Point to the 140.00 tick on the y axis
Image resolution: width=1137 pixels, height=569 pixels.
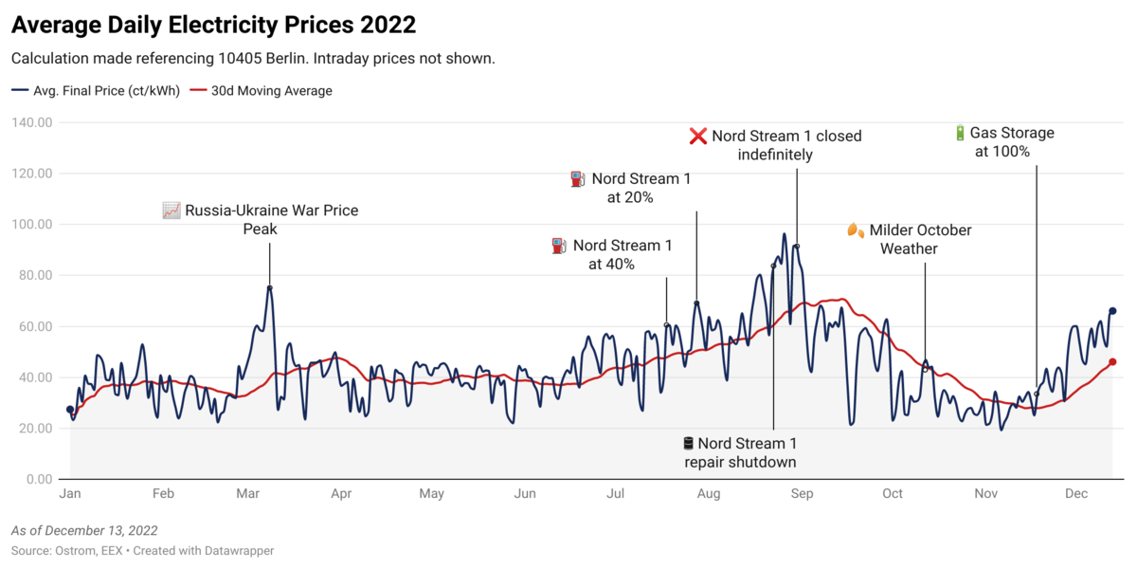(x=32, y=122)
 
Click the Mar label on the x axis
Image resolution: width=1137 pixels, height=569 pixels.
(x=248, y=494)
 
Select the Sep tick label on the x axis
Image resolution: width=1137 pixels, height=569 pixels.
(x=803, y=494)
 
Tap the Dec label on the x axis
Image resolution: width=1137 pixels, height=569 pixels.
(x=1075, y=494)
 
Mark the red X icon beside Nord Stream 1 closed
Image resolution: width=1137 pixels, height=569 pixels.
(x=697, y=137)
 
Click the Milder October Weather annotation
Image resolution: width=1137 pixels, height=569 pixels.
(x=909, y=239)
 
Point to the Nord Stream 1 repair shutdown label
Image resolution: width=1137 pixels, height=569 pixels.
(x=740, y=452)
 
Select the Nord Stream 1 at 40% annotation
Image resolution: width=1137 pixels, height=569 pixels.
(x=612, y=254)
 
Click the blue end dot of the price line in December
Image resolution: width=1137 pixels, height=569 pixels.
(x=1112, y=311)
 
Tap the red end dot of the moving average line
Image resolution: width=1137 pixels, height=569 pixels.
(x=1112, y=361)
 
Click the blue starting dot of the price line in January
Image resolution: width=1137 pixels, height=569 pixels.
(x=70, y=410)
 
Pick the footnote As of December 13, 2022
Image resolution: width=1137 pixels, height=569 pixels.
(x=84, y=530)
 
